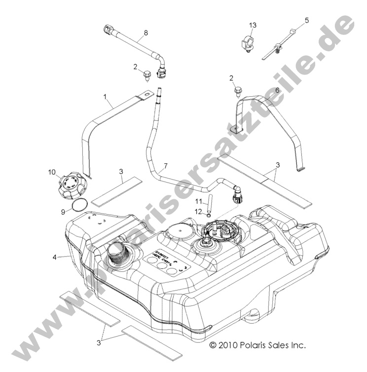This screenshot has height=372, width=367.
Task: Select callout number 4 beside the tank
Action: (x=55, y=257)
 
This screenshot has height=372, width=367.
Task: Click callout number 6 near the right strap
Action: (x=277, y=90)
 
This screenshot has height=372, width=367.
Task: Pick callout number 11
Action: (x=198, y=201)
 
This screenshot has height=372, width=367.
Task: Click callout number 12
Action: (x=198, y=211)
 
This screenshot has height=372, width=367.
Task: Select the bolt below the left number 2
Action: (x=147, y=75)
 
